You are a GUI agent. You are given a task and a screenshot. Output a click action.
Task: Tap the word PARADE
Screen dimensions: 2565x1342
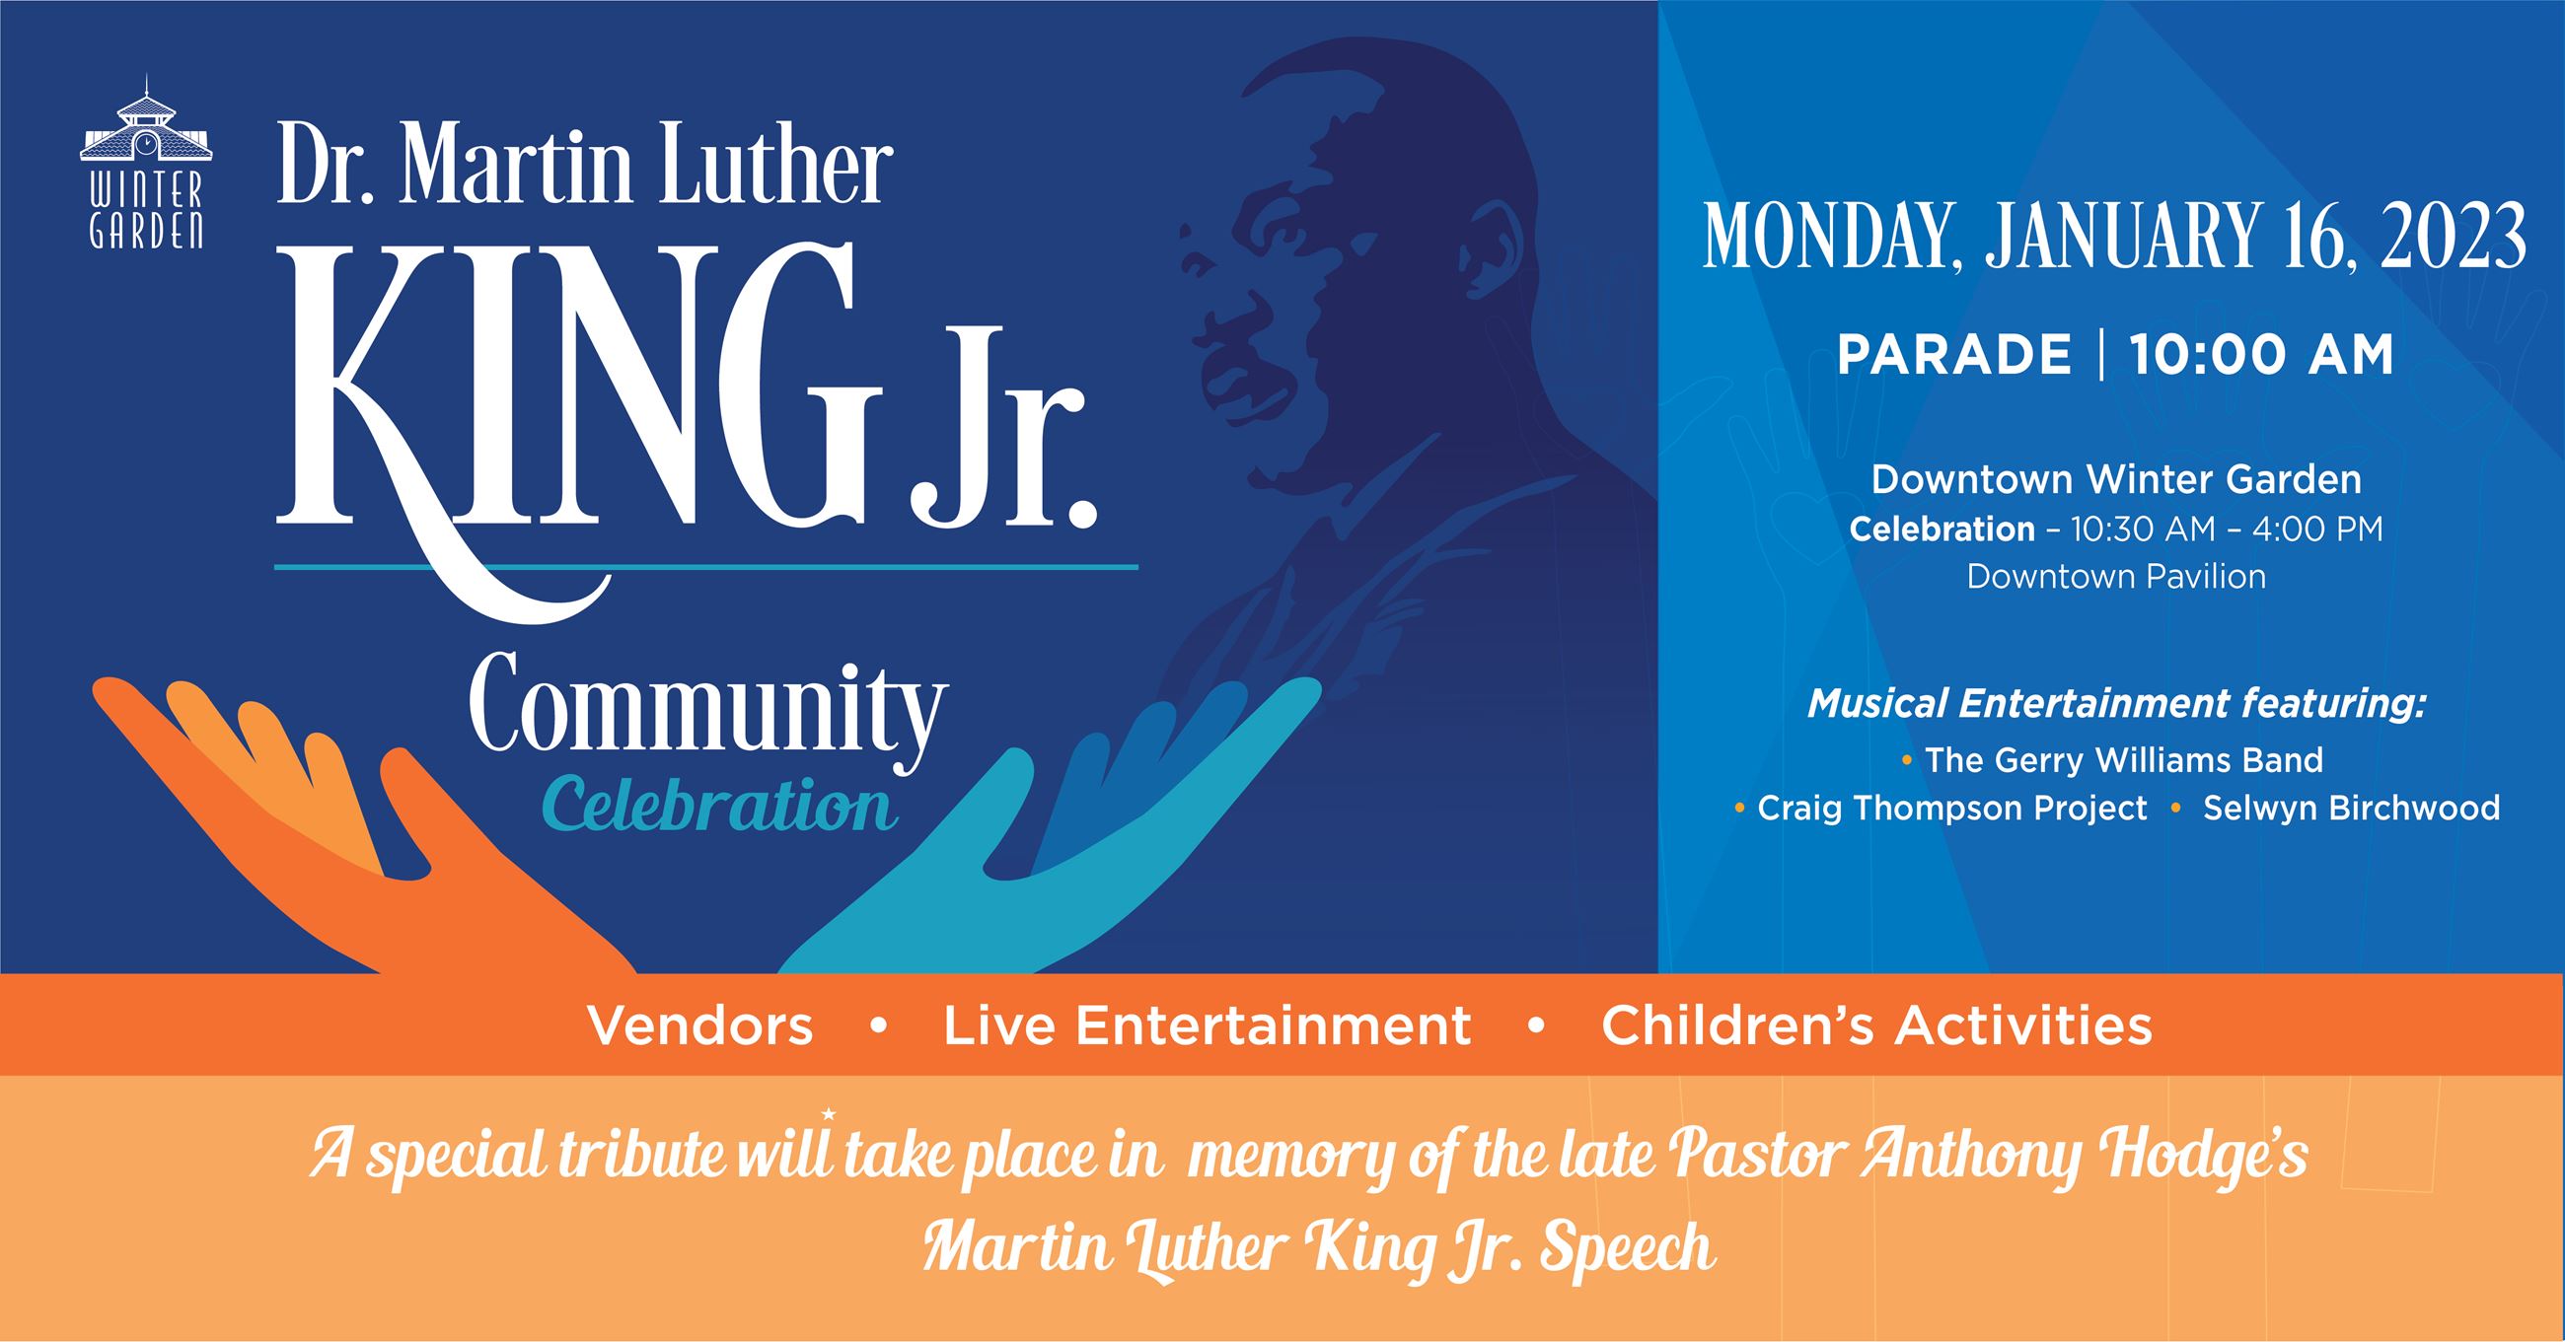(1953, 355)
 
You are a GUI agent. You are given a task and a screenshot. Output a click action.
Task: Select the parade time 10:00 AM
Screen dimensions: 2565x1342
(2262, 355)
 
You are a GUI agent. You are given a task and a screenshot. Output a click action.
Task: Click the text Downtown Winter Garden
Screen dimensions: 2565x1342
(2116, 480)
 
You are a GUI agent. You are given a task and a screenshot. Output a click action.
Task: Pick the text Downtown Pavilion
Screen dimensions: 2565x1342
(2116, 577)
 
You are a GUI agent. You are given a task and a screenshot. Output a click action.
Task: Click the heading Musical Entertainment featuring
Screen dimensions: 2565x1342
(2116, 704)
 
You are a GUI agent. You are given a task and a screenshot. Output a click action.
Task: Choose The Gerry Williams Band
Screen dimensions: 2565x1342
(2124, 759)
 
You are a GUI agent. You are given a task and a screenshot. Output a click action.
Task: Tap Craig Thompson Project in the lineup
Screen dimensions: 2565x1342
(1951, 809)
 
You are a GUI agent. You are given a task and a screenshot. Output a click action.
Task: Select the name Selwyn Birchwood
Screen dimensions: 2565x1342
(2351, 808)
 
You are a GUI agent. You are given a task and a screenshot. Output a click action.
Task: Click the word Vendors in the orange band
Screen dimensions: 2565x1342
(700, 1026)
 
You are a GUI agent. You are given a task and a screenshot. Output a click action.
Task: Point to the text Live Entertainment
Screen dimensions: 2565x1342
(1207, 1026)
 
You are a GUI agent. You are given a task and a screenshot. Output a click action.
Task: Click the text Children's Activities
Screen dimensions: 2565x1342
(1877, 1026)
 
